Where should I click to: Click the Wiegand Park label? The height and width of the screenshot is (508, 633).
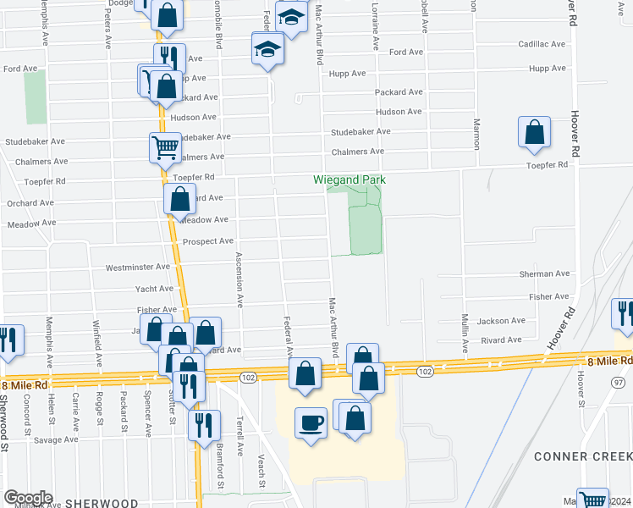pos(350,179)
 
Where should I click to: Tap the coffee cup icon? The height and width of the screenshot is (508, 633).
pos(311,422)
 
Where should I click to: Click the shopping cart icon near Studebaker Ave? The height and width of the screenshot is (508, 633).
pos(165,147)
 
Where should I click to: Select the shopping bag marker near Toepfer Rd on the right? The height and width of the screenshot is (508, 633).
pos(534,132)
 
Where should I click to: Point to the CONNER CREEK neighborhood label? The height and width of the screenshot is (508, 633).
pos(582,456)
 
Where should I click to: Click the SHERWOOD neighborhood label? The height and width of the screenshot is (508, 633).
pos(102,502)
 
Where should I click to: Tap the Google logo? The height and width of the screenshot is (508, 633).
pos(28,498)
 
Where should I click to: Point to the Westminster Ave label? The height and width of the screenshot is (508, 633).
pos(138,268)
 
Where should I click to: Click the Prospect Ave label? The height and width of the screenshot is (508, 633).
pos(208,241)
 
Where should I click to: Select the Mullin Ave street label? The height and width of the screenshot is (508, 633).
pos(465,334)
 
